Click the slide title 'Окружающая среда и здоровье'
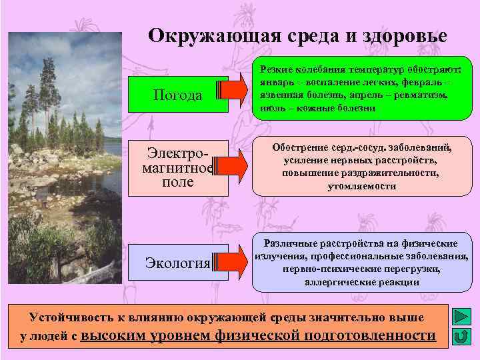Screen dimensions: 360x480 [x=297, y=35]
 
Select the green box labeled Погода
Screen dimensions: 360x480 [x=177, y=95]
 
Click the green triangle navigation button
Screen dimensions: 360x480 [x=459, y=316]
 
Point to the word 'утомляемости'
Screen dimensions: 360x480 [x=361, y=187]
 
